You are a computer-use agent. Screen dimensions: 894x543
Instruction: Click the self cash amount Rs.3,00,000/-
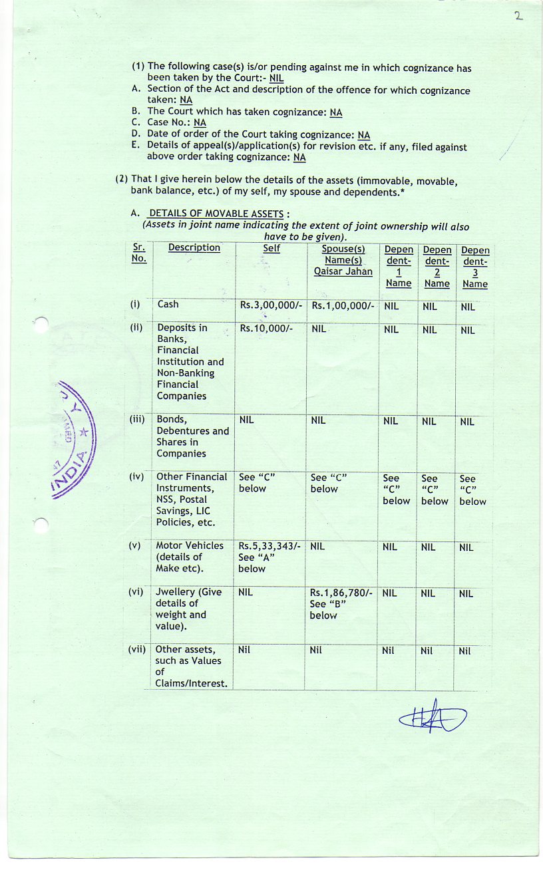tap(270, 305)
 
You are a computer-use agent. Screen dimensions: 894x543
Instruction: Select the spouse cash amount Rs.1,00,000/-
tap(343, 305)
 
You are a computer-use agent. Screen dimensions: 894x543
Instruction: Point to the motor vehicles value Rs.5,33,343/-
tap(270, 546)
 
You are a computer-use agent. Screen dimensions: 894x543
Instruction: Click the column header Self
tap(271, 248)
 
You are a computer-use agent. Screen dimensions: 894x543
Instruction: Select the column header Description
tap(194, 247)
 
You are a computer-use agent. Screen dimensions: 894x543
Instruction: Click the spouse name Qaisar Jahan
tap(343, 271)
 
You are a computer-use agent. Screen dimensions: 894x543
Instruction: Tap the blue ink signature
tap(433, 716)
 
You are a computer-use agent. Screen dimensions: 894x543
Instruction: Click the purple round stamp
tap(75, 439)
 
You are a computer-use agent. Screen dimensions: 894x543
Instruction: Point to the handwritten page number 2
tap(518, 17)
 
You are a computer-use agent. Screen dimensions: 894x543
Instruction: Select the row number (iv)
tap(136, 477)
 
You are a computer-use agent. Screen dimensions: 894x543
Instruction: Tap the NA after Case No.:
tap(200, 123)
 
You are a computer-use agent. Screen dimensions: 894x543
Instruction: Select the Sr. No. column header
tap(139, 253)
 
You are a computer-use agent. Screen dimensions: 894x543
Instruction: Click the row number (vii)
tap(136, 649)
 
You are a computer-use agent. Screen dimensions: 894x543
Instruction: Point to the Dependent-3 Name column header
tap(474, 267)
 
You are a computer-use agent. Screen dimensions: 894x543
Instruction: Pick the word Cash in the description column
tap(168, 304)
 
